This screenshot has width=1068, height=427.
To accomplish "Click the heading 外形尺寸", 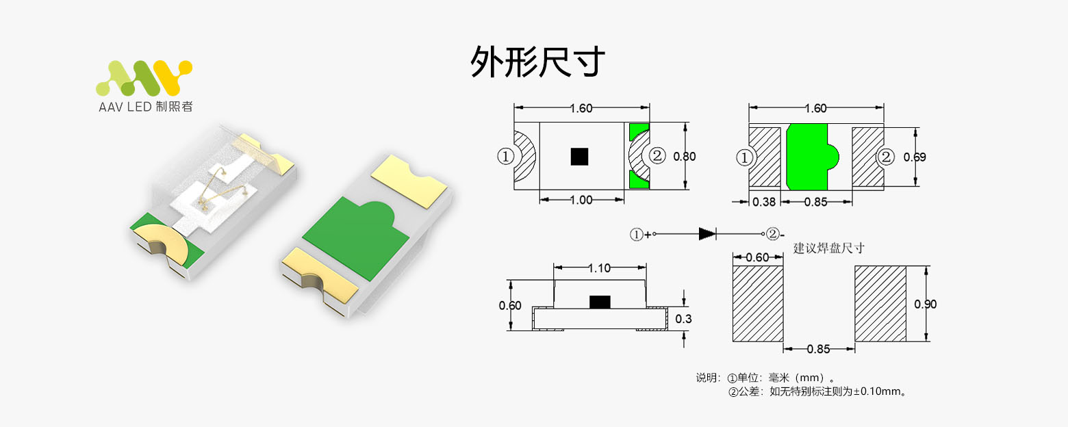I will pos(537,62).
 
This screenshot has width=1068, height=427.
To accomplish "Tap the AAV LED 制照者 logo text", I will pos(145,107).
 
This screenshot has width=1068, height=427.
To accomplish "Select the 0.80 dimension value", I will pos(684,157).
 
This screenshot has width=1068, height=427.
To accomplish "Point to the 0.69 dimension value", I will pos(915,157).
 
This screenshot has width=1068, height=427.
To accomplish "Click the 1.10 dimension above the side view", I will pos(599,268).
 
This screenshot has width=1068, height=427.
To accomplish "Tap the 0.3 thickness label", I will pos(683,319).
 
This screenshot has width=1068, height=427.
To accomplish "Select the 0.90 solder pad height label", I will pos(925,305).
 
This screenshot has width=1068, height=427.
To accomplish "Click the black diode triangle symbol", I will pos(707,234).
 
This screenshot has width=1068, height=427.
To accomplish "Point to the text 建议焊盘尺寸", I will pos(828,248).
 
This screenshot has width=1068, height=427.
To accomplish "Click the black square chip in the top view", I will pos(579,157).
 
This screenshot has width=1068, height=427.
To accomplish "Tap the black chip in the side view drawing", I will pos(600,302).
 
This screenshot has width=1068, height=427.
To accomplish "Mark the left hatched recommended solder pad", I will pos(758,304).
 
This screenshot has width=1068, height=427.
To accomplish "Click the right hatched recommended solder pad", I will pos(880,304).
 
